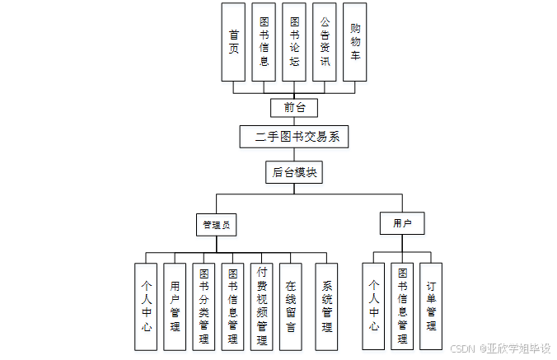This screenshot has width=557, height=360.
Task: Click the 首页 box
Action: coord(233,41)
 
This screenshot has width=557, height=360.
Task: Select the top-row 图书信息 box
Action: coord(264,41)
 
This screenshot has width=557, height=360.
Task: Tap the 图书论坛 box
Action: coord(294,41)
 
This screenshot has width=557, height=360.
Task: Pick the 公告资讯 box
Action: coord(325,41)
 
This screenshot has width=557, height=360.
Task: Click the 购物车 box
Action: coord(354,41)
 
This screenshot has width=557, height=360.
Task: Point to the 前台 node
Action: coord(294,107)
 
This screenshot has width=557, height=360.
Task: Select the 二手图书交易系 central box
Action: coord(294,137)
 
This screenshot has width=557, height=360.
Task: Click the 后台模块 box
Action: coord(294,173)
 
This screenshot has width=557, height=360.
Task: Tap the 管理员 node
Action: coord(217,224)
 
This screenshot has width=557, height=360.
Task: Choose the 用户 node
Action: coord(402,223)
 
